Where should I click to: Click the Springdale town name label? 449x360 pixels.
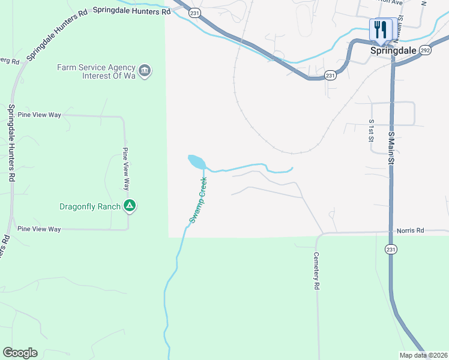coord(392,51)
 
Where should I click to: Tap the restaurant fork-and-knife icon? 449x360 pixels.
coord(381,29)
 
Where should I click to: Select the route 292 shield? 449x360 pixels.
coord(425,50)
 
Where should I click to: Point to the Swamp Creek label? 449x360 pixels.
coord(198,200)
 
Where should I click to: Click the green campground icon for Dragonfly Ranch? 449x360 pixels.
coord(129,206)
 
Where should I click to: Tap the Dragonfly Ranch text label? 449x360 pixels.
coord(89,207)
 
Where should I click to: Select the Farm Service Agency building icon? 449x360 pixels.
coord(145,71)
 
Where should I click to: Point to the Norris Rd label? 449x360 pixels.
coord(411,230)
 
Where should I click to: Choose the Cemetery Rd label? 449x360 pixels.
coord(316,271)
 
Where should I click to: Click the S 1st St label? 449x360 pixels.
coord(371,131)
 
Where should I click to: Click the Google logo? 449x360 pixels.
coord(20,353)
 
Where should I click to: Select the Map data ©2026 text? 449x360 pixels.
coord(423,355)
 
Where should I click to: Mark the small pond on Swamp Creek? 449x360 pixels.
coord(196,161)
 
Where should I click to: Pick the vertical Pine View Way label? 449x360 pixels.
coord(126,169)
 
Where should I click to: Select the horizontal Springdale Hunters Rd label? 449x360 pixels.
coord(131,11)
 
